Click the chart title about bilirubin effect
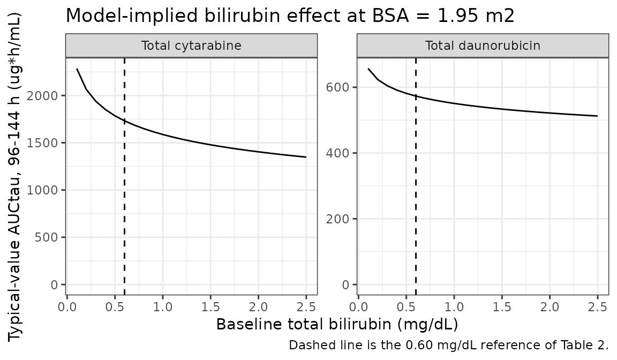click(290, 16)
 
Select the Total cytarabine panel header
click(191, 46)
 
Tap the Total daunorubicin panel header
click(483, 46)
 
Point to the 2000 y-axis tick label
click(42, 95)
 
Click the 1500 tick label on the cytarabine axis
click(42, 143)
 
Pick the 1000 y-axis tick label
click(42, 190)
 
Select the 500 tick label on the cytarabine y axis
click(47, 237)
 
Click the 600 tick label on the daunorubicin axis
click(337, 87)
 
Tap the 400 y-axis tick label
click(337, 153)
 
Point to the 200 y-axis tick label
click(337, 219)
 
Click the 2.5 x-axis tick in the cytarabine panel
click(306, 307)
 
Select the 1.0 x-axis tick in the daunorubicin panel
click(454, 307)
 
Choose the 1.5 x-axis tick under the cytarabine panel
click(210, 307)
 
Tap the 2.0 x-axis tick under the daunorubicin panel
click(550, 307)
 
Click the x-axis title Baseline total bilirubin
click(337, 325)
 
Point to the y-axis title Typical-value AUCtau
click(16, 178)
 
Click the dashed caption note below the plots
click(449, 345)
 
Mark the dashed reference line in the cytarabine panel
click(124, 176)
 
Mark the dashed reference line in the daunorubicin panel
click(416, 176)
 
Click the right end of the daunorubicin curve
click(597, 116)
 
